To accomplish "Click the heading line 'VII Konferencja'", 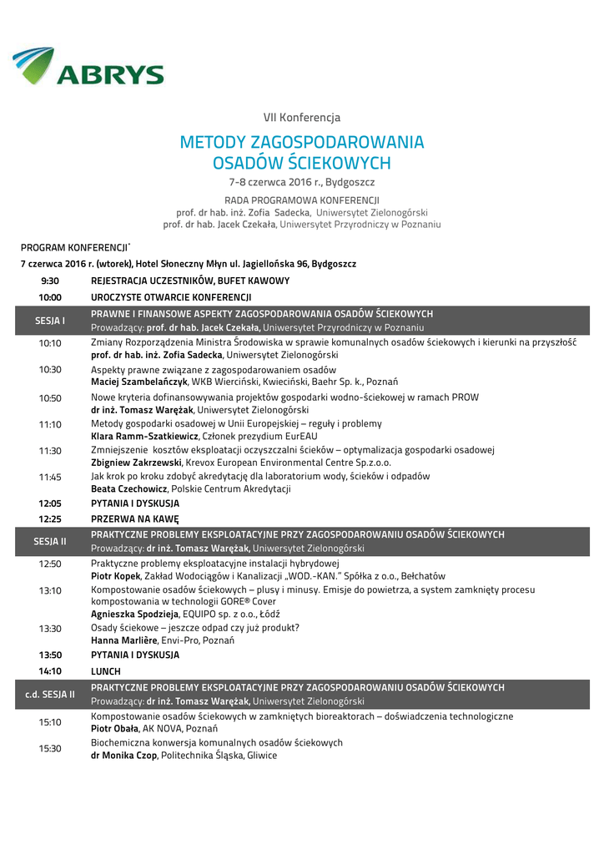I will tap(302, 118).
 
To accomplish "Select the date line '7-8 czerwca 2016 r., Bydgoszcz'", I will tap(302, 181).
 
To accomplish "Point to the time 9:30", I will tap(49, 281).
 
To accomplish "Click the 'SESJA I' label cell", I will tap(49, 321).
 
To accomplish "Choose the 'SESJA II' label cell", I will tap(49, 541).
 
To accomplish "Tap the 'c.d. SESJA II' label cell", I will tap(49, 694).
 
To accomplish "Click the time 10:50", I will tap(49, 397).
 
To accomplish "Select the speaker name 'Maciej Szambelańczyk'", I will tap(138, 382).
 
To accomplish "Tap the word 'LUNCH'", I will tap(106, 670).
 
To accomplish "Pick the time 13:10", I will tap(49, 590).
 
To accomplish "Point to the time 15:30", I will tap(49, 748).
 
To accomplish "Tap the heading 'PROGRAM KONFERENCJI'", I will tap(74, 247).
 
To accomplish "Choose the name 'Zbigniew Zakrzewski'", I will tap(136, 462).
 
